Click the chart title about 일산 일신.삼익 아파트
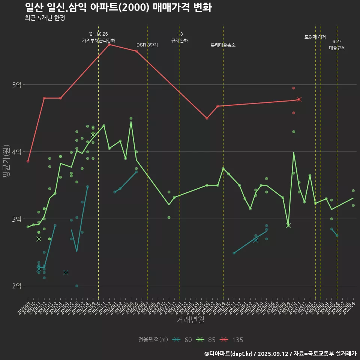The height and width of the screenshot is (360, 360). [118, 7]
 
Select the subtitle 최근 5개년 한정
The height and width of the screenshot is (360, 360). [45, 18]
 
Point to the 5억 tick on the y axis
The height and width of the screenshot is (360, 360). [16, 85]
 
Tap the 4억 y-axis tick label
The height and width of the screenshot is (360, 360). [16, 152]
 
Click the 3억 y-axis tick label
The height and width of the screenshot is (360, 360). [16, 219]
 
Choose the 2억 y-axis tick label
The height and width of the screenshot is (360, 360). [16, 286]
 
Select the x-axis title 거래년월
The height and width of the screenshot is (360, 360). [190, 320]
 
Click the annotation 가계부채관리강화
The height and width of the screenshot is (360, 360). [99, 40]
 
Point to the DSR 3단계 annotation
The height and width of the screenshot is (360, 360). [147, 45]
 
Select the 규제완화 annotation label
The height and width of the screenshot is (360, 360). [180, 40]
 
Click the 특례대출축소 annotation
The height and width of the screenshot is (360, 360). [223, 45]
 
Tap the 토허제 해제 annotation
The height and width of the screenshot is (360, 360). [315, 37]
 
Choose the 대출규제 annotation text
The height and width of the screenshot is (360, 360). [337, 48]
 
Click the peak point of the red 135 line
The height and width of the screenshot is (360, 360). [109, 45]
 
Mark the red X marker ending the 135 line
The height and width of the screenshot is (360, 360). [299, 99]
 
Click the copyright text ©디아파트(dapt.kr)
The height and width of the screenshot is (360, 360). [229, 354]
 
